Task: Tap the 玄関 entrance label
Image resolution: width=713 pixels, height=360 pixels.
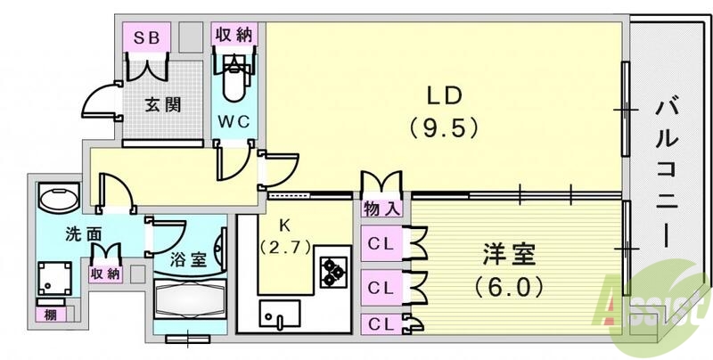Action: [164, 104]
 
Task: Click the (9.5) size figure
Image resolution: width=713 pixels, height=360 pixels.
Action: [444, 127]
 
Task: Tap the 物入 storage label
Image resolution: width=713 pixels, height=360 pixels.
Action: [381, 210]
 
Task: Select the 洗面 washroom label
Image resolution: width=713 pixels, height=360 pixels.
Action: [80, 235]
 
